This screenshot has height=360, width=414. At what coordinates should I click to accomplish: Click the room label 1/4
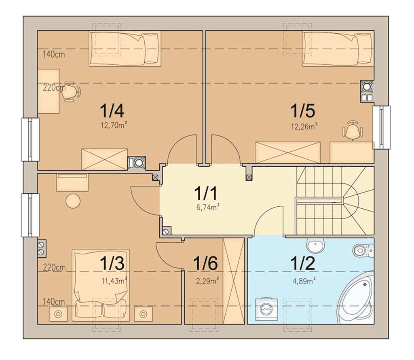pos(112,111)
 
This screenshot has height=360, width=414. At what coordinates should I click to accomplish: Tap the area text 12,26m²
pos(304,126)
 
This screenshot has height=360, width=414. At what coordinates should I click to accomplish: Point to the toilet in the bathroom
pos(363,250)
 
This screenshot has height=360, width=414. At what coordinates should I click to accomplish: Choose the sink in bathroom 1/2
pos(315,245)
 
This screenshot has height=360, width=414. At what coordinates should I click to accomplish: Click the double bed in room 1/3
pos(101,285)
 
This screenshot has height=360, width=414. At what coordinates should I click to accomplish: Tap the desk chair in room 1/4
pos(72,91)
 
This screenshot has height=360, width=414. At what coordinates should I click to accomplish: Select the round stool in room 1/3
pos(73,201)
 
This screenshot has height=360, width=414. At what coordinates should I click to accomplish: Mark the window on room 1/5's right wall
pos(381,127)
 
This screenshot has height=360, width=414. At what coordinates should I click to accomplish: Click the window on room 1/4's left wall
pos(30,140)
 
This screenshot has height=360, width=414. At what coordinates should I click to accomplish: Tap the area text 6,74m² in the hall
pos(208,208)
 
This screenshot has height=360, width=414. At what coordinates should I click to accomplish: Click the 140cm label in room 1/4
pos(54,55)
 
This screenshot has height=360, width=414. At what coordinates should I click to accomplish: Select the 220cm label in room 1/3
pos(54,267)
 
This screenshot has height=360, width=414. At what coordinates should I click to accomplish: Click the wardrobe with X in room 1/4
pos(105,159)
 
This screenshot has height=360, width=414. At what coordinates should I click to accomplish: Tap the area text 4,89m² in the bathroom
pos(304,281)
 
